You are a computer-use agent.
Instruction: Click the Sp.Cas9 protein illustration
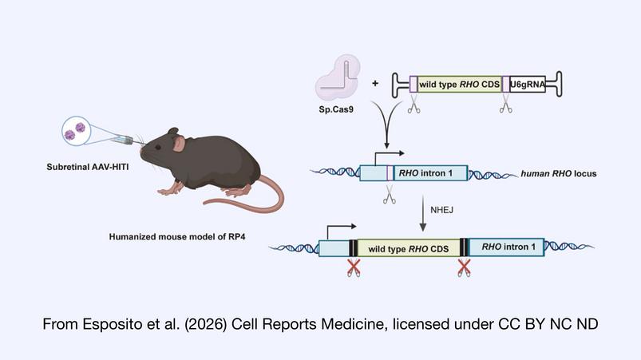click(338, 78)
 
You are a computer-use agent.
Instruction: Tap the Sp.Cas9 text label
click(336, 109)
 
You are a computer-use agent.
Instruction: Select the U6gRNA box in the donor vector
click(528, 84)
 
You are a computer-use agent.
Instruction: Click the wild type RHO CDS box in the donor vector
click(460, 84)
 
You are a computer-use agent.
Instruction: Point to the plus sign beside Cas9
click(375, 83)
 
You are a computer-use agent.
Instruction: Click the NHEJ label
click(441, 210)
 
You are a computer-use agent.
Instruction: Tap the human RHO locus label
click(559, 174)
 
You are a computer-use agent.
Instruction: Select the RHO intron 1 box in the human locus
click(430, 173)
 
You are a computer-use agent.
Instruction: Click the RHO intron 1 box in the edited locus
click(506, 247)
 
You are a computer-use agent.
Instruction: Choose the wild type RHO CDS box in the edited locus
click(408, 248)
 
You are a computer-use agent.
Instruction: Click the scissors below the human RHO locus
click(390, 195)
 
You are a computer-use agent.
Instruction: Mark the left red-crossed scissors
click(354, 267)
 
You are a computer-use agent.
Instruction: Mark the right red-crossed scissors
click(464, 267)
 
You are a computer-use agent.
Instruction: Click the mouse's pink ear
click(179, 144)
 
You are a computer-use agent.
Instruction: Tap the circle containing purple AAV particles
click(76, 131)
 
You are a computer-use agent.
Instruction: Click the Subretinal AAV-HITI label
click(88, 167)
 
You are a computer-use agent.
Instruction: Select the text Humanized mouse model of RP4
click(177, 236)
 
